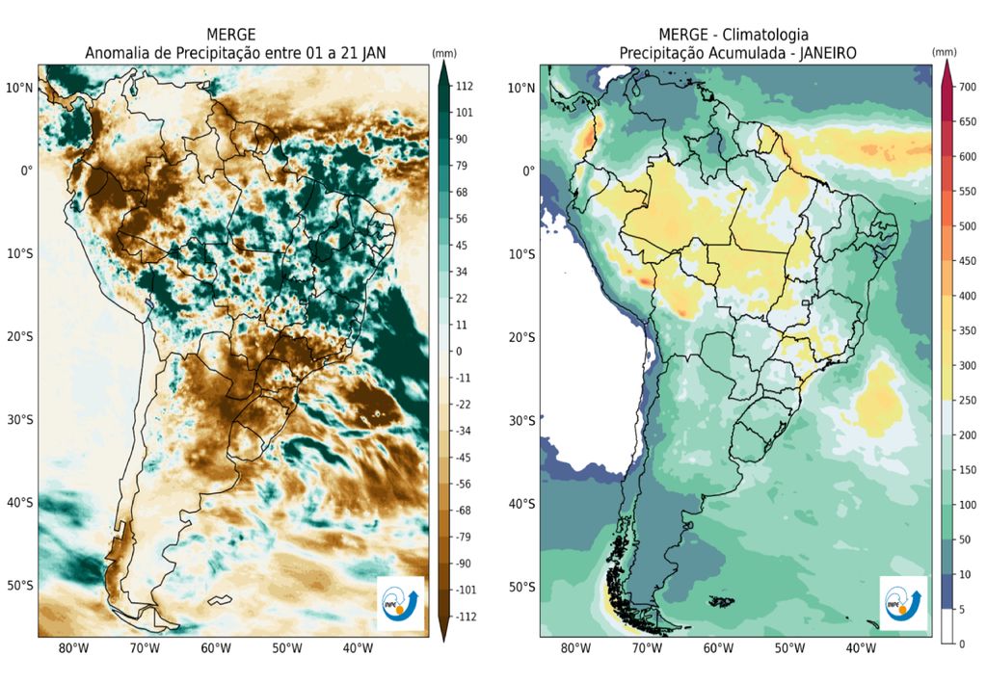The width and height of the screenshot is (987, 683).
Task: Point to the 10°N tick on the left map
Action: click(x=20, y=88)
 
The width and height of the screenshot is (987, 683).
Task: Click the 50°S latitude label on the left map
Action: click(x=20, y=586)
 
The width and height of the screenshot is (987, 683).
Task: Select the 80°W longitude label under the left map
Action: click(x=74, y=648)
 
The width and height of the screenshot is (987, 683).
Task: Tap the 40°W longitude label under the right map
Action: click(x=861, y=648)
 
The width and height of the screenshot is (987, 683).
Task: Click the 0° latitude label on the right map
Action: click(x=527, y=171)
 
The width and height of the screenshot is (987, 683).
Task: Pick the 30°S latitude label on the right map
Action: click(x=521, y=420)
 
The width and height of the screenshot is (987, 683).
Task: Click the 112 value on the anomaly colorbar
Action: click(x=465, y=87)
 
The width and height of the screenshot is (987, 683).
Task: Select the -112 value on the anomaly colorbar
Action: click(x=467, y=616)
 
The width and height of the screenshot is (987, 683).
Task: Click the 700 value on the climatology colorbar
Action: click(x=967, y=88)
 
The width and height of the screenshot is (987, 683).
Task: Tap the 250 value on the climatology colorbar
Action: click(x=967, y=399)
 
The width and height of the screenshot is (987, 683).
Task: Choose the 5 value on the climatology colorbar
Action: click(x=961, y=609)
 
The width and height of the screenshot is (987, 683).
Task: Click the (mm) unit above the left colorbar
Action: click(x=443, y=52)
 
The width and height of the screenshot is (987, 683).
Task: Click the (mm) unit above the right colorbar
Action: click(x=945, y=50)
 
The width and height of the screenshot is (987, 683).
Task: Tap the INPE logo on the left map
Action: click(x=400, y=604)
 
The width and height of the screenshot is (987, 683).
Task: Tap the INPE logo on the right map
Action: click(x=903, y=604)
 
